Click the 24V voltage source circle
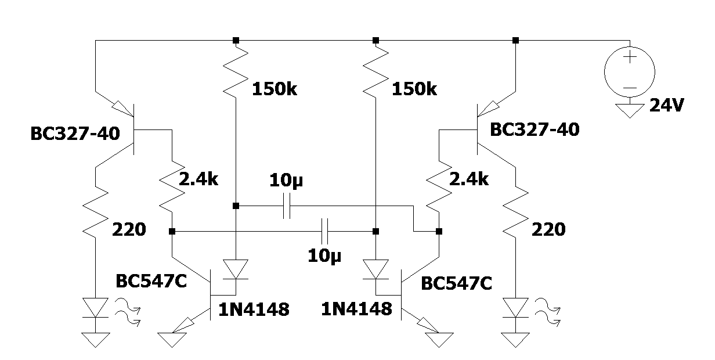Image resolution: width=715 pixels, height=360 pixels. (x=630, y=72)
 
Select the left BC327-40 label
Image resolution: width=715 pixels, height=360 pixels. (x=75, y=134)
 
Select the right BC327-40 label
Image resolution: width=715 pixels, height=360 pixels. (x=535, y=129)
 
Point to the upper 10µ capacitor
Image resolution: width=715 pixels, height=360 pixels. (x=286, y=206)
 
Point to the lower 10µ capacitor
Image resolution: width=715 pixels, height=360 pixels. (x=326, y=231)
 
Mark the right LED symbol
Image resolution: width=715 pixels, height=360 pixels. (x=515, y=308)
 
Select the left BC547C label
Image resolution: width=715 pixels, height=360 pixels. (x=151, y=281)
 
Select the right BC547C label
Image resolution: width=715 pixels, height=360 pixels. (x=457, y=284)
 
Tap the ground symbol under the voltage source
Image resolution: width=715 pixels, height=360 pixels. (x=630, y=109)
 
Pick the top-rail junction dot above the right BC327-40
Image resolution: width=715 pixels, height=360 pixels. (x=515, y=40)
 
